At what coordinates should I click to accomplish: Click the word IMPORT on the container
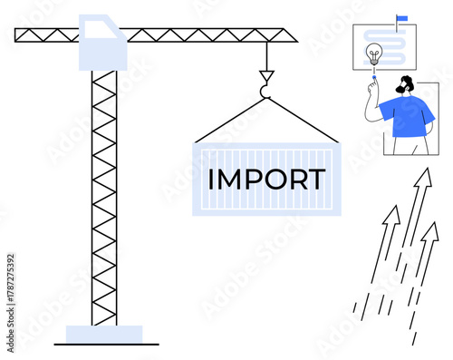point(266,179)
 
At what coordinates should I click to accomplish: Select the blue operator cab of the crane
point(102,43)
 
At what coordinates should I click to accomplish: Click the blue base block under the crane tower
point(103,333)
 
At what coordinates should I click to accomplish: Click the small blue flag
point(401,17)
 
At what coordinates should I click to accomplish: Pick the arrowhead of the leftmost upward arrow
point(391,215)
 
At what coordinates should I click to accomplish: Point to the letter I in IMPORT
point(212,179)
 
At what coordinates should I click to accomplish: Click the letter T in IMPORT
point(316,179)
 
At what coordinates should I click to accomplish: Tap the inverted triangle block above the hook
point(265,70)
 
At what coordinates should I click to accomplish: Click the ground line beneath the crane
point(105,344)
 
